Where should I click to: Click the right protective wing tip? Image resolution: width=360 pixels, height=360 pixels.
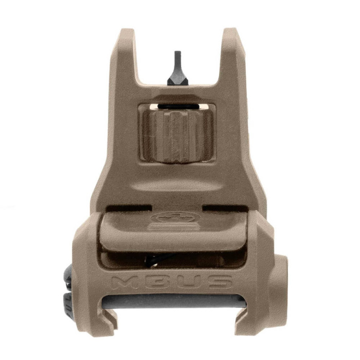(x=231, y=35)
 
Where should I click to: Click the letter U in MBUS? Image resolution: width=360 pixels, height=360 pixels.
(x=187, y=282)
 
